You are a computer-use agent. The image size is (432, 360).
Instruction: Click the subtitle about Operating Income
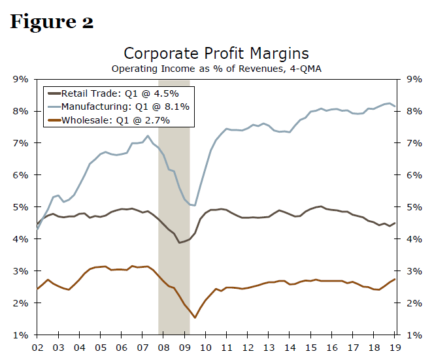tap(216, 68)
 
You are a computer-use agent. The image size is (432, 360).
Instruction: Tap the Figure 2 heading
tap(52, 22)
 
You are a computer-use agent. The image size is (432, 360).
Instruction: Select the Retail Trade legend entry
tap(118, 93)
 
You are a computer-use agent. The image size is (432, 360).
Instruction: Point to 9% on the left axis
tap(20, 79)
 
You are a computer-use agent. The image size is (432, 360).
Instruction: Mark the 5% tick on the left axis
tap(20, 207)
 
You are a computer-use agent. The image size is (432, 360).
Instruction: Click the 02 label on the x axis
tap(37, 348)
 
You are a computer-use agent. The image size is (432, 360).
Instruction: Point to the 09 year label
tap(185, 348)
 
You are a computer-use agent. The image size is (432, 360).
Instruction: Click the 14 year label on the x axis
tap(291, 348)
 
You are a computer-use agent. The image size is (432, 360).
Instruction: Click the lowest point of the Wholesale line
tap(195, 318)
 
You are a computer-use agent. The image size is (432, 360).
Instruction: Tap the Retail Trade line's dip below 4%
tap(179, 243)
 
